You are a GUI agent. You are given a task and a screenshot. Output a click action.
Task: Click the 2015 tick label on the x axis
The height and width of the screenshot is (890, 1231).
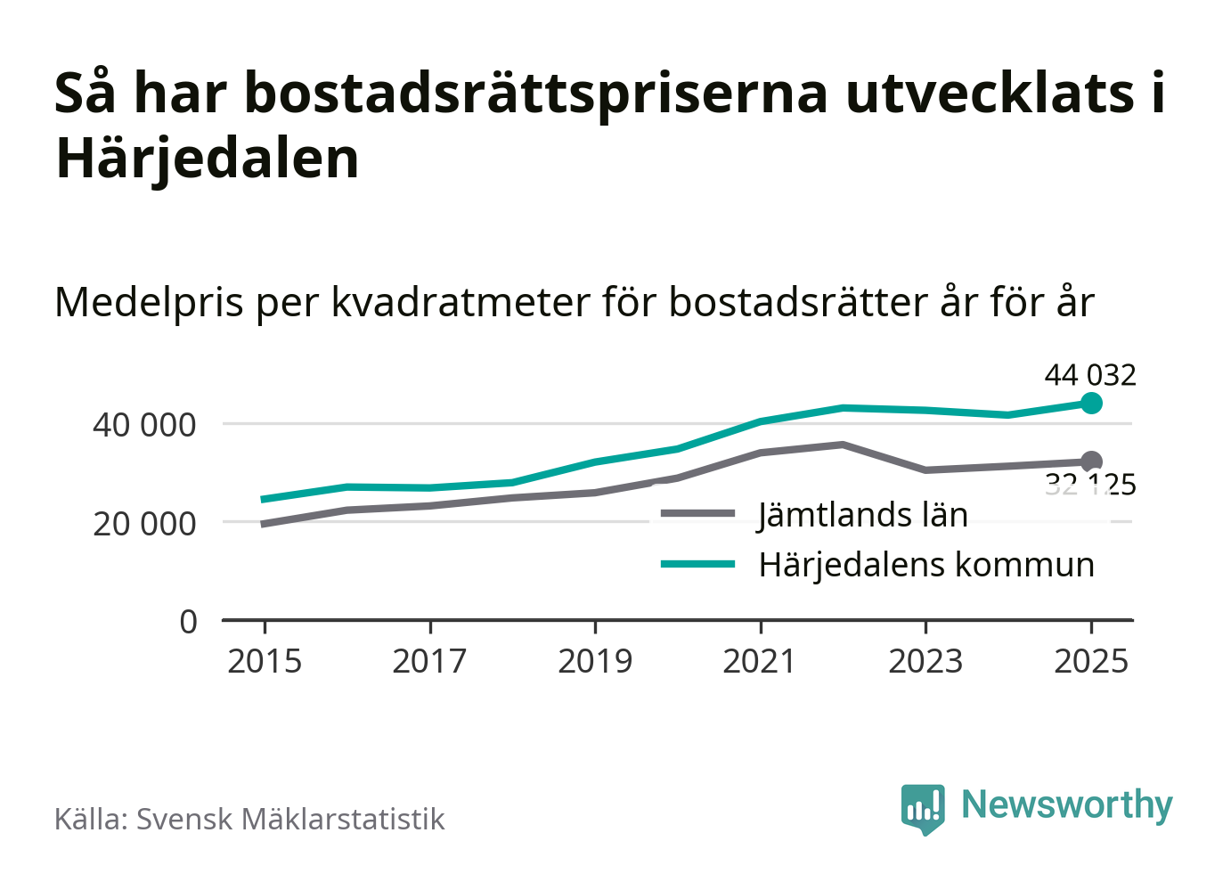tap(265, 662)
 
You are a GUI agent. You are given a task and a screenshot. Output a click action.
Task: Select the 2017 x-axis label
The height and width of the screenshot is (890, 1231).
tap(429, 662)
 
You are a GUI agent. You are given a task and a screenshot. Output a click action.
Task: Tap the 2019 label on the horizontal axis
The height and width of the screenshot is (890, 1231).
tap(595, 662)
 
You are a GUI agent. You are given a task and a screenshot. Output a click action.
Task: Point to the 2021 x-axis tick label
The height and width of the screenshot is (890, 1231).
tap(760, 662)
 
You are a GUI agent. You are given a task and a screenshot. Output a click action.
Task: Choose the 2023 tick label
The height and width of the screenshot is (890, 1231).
tap(925, 662)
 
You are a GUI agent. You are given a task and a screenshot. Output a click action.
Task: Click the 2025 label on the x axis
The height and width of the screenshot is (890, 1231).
tap(1091, 662)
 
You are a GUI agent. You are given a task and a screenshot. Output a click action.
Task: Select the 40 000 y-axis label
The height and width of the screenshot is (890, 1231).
tap(144, 425)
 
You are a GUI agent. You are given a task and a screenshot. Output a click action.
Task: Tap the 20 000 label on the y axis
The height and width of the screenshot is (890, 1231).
tap(144, 524)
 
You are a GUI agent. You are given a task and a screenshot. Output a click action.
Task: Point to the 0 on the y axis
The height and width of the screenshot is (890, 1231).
tap(188, 621)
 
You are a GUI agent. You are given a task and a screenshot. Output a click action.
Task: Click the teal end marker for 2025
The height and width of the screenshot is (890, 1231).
tap(1091, 404)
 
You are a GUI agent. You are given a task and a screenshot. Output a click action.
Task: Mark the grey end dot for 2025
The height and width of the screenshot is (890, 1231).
tap(1091, 461)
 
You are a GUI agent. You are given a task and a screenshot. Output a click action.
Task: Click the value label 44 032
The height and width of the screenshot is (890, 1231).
tap(1090, 375)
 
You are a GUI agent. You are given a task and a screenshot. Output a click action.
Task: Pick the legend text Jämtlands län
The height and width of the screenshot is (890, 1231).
tap(862, 515)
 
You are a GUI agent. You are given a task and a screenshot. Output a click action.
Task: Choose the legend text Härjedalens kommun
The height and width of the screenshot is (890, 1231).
tap(926, 565)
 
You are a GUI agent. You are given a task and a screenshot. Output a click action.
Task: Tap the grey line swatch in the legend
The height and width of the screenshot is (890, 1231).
tap(698, 514)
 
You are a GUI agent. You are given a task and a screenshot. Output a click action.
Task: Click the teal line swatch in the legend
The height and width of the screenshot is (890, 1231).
tap(698, 564)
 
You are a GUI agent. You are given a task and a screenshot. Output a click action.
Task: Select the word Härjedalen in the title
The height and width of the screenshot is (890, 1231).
tap(208, 159)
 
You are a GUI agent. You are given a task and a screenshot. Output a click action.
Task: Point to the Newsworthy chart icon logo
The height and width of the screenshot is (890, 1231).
tap(922, 808)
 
